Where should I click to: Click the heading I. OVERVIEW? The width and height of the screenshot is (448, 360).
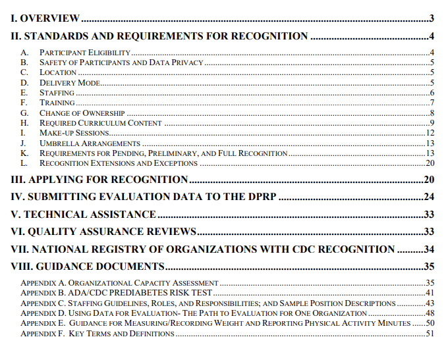[x=45, y=18]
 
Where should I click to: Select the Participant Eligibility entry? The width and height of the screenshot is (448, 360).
[x=85, y=52]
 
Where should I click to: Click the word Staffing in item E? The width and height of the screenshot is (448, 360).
[x=57, y=93]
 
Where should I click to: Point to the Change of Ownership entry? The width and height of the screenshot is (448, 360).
[x=82, y=113]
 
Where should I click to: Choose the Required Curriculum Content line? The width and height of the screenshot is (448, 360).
[x=100, y=123]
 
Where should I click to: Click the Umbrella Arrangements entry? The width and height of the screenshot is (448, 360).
[x=90, y=143]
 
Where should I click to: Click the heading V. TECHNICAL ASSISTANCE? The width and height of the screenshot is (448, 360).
[x=84, y=215]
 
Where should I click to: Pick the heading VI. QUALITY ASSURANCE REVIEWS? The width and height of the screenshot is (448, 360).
[x=103, y=232]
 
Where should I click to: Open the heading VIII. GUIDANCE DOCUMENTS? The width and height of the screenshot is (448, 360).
[x=88, y=267]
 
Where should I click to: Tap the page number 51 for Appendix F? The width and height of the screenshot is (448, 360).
[x=429, y=334]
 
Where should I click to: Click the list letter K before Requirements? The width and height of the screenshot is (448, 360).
[x=24, y=153]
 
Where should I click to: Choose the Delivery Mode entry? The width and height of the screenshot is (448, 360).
[x=69, y=82]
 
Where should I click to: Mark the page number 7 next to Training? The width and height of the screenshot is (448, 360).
[x=430, y=103]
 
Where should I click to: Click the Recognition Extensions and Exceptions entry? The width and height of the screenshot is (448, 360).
[x=114, y=163]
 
